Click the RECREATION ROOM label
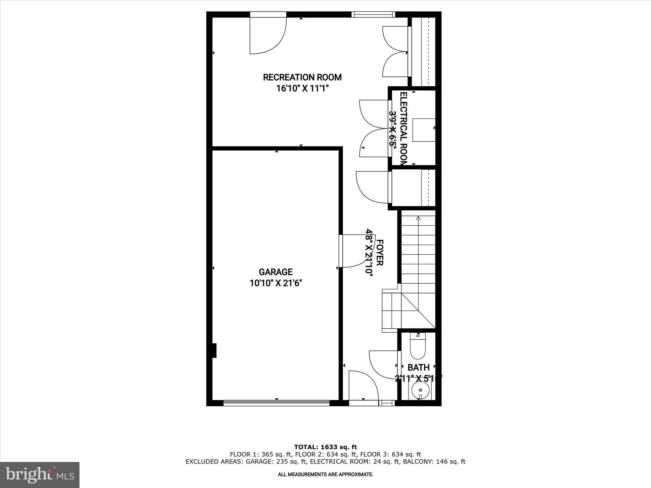point(302,77)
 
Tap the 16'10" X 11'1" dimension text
point(302,88)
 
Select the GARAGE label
point(275,272)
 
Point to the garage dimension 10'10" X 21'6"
point(275,283)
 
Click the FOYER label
point(380,252)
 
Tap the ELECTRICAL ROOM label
point(403,128)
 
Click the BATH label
point(418,368)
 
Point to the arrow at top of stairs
point(418,218)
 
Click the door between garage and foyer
point(353,251)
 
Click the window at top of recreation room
point(373,14)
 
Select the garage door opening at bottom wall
point(276,403)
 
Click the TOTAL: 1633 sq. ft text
point(325,447)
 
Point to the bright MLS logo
point(40,475)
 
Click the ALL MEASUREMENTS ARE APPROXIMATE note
point(325,475)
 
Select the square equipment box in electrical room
point(424,130)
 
